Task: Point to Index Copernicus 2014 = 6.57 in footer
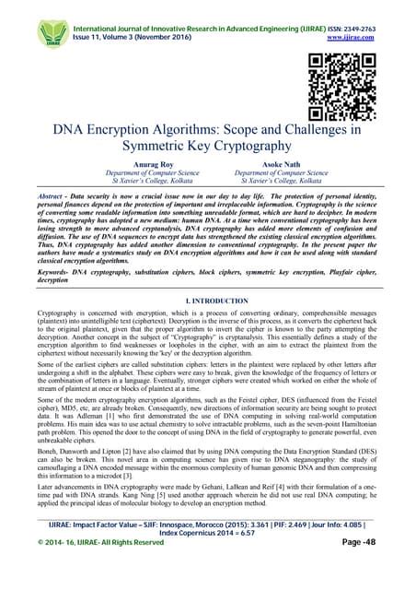[x=208, y=558]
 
